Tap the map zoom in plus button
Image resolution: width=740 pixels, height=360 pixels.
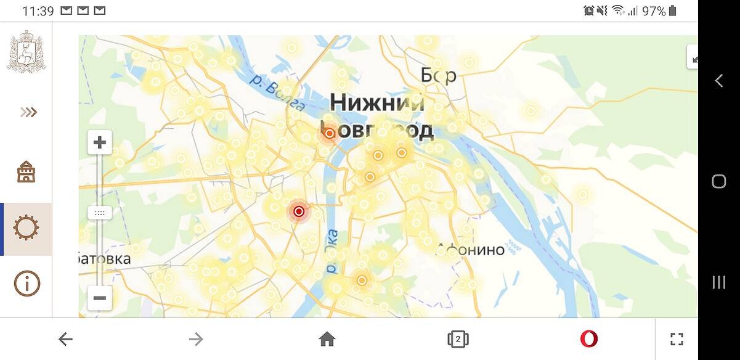(99, 143)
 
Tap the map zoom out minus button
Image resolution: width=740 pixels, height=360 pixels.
(99, 298)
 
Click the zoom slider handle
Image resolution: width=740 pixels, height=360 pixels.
(99, 213)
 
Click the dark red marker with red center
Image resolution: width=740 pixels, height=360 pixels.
(299, 211)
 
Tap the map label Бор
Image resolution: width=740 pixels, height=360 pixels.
(439, 75)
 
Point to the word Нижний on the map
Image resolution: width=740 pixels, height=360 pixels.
(377, 102)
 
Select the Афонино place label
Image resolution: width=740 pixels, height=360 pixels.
(471, 250)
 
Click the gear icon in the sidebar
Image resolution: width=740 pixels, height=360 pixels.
(26, 228)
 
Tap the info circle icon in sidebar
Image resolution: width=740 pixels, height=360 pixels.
(26, 283)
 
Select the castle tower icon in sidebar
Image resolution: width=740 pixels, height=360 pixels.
(26, 171)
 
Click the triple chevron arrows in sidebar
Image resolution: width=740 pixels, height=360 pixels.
(28, 112)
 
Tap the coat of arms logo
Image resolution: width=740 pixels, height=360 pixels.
(26, 52)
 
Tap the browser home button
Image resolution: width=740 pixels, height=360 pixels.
(327, 338)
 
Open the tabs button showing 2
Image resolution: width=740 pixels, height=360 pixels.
(458, 338)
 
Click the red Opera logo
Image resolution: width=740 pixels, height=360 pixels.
(588, 338)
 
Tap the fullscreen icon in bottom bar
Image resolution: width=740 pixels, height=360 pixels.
(677, 338)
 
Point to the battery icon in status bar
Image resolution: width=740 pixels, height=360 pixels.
(672, 10)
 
